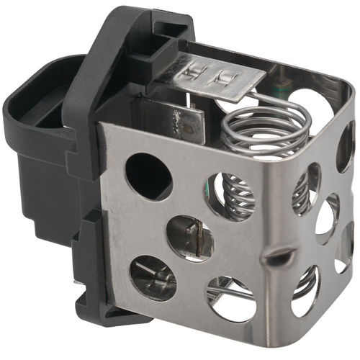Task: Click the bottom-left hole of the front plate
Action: click(x=153, y=278)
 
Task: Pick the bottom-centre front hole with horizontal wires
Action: click(x=231, y=298)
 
